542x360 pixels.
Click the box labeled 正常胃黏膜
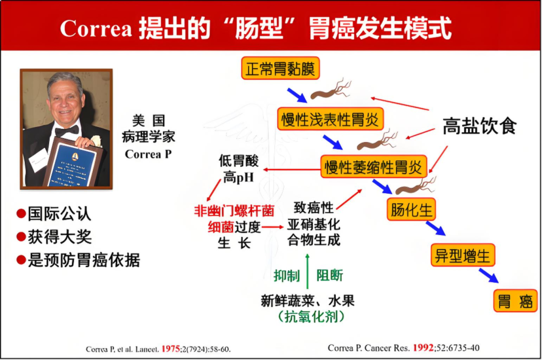[x=281, y=69]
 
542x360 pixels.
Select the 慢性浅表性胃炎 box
[x=330, y=119]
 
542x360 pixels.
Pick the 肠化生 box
[x=411, y=209]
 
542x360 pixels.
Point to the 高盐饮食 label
[x=479, y=126]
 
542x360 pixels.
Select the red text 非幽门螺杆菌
[x=234, y=211]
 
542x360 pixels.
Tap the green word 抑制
[x=287, y=276]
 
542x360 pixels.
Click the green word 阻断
[x=330, y=276]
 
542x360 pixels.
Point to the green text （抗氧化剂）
[x=308, y=316]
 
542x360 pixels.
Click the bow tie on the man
[x=67, y=131]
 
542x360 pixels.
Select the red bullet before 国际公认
[x=21, y=213]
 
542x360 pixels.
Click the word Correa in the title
[x=96, y=29]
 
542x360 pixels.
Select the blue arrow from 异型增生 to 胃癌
[x=488, y=275]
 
